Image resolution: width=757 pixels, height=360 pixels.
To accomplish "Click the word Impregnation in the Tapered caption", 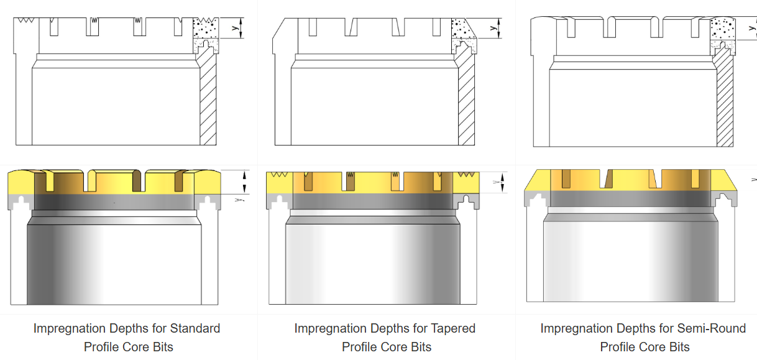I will pyautogui.click(x=329, y=328).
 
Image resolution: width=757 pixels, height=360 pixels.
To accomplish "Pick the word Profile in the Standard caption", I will pyautogui.click(x=105, y=347).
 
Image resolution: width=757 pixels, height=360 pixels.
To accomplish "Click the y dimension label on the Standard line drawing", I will pyautogui.click(x=233, y=28).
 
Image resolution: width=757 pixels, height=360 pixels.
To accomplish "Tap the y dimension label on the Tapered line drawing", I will pyautogui.click(x=492, y=28).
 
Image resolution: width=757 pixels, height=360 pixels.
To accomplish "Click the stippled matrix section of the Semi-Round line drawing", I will pyautogui.click(x=722, y=29).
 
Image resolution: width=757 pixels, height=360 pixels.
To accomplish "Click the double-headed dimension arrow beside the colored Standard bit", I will pyautogui.click(x=244, y=182).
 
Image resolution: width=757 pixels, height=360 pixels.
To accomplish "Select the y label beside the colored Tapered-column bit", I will pyautogui.click(x=495, y=182).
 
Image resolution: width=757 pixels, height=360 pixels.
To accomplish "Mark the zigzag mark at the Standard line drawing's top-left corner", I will pyautogui.click(x=26, y=20).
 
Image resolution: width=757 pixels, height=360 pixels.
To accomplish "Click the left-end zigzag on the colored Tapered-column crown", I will pyautogui.click(x=279, y=175).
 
